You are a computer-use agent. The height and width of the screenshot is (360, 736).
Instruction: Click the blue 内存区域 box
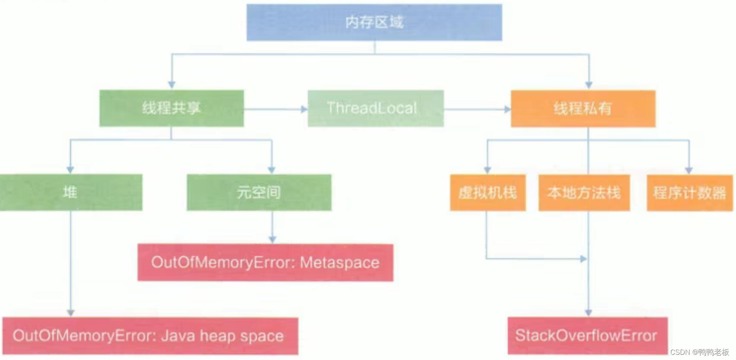coord(374,22)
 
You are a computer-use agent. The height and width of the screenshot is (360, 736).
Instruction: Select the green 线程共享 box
coord(171,108)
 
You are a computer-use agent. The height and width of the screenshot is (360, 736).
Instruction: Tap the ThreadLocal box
coord(375,108)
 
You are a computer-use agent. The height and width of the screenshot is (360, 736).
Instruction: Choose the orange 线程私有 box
coord(583,109)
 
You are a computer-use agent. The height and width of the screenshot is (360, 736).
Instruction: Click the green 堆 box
coord(71,193)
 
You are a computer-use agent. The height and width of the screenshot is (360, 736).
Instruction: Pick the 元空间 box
coord(259,193)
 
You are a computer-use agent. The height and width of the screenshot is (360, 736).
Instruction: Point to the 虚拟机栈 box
coord(488,193)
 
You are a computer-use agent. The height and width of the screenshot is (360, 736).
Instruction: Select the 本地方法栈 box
coord(584,193)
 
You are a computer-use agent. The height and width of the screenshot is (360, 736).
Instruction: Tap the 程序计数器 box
coord(689,193)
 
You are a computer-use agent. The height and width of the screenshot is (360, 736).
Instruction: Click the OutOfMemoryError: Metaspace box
coord(265,262)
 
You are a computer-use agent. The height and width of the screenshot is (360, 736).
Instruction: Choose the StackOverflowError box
coord(587,336)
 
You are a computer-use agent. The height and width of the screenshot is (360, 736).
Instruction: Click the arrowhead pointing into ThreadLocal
coord(304,109)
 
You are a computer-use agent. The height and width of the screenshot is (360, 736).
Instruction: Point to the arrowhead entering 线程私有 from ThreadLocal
coord(508,110)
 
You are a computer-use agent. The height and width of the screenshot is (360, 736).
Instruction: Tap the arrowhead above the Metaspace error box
coord(272,240)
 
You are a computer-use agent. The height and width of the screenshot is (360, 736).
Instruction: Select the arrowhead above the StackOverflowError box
coord(588,313)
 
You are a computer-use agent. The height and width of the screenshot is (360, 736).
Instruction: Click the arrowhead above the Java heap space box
coord(71,313)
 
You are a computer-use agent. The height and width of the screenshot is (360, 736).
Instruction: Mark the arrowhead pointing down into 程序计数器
coord(689,170)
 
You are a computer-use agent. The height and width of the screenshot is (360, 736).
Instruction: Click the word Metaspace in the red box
coord(339,262)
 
